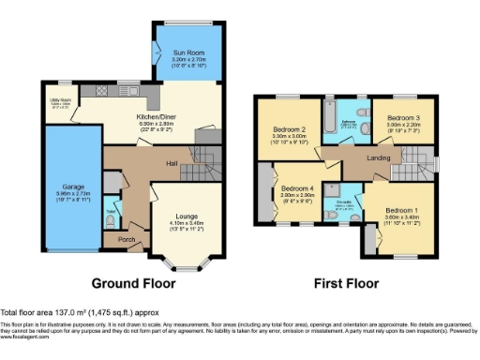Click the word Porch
click(x=127, y=240)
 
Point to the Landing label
click(x=378, y=157)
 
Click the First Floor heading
click(x=347, y=282)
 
